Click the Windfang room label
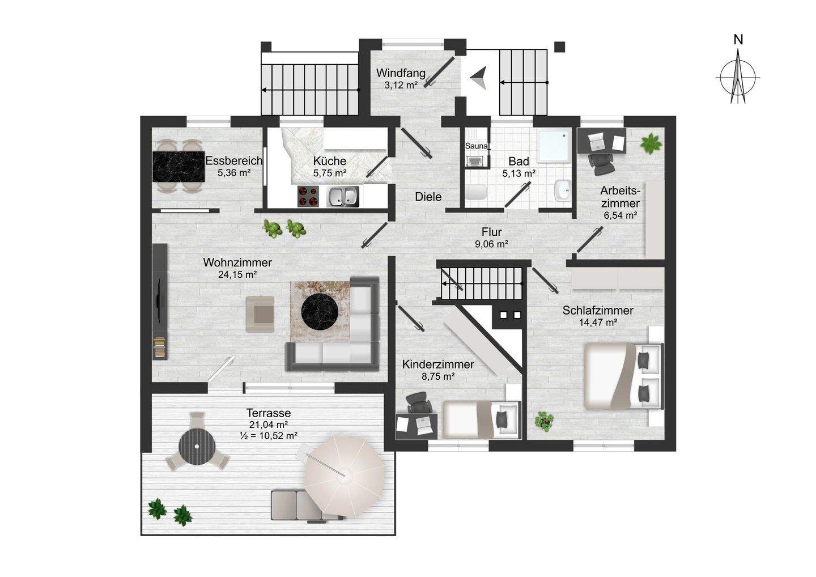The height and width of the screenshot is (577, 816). (401, 73)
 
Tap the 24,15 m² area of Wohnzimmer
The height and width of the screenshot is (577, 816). (237, 275)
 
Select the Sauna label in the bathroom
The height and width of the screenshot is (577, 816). (476, 146)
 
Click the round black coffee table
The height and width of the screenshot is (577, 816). (321, 311)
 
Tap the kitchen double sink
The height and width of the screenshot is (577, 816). (343, 196)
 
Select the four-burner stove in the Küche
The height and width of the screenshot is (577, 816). (308, 196)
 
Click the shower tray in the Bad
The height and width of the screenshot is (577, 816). (554, 145)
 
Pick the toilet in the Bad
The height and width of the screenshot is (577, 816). (476, 192)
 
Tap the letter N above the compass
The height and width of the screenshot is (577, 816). (738, 39)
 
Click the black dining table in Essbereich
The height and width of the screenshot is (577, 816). (178, 166)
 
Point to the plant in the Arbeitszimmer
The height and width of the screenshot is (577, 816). (651, 143)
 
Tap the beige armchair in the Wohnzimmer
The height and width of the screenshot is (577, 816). (260, 314)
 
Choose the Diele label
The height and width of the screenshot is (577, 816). (428, 197)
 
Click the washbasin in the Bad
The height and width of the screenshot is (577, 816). (562, 190)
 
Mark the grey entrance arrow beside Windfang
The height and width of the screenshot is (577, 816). (478, 78)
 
